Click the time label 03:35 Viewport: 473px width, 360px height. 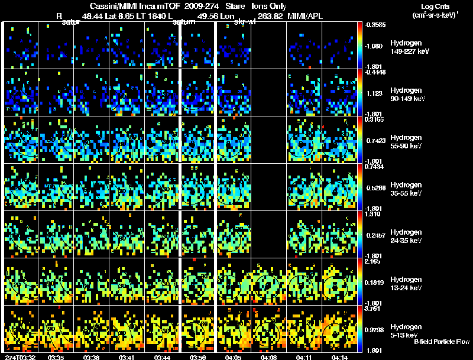[56, 357]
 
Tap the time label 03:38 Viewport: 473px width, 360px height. [92, 357]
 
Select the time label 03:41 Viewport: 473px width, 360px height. [127, 357]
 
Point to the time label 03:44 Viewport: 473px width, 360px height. [163, 357]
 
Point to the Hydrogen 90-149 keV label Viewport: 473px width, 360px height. [407, 95]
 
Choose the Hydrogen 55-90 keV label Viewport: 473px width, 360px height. [407, 142]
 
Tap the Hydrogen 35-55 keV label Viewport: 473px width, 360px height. [407, 189]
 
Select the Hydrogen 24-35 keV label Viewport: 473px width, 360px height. [407, 236]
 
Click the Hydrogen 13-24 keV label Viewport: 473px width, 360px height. [407, 284]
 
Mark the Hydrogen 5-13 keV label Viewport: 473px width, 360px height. [406, 330]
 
